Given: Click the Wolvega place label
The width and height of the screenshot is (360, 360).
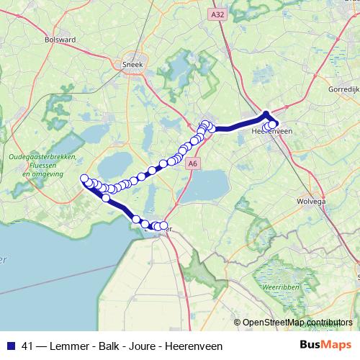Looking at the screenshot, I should [x=312, y=202].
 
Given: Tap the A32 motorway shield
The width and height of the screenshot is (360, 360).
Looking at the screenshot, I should [x=219, y=14].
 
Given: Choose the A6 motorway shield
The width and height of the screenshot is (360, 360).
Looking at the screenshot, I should [x=192, y=164].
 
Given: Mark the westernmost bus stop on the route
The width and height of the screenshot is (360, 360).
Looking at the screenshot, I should [x=84, y=179].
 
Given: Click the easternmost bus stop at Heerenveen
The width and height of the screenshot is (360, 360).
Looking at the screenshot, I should [x=274, y=124].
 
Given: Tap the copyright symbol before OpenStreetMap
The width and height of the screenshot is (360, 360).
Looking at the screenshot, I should [x=238, y=323].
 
